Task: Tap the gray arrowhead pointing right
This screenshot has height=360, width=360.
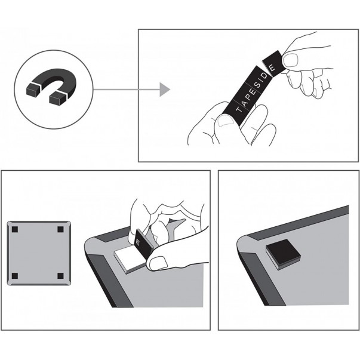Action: pos(165,90)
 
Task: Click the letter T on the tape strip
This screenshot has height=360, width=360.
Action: pos(239,109)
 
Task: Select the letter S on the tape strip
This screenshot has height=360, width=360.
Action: pos(257,85)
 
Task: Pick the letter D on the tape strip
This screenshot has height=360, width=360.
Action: pos(264,76)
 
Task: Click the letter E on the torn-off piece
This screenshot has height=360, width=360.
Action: pos(272,67)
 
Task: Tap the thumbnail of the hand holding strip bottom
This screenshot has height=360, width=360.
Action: pos(226,121)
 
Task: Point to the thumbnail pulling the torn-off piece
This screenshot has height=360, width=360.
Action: pos(290,60)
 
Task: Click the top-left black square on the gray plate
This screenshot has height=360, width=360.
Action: pos(15,229)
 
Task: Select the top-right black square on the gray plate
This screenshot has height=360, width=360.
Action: pos(60,229)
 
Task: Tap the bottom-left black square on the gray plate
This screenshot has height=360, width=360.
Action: pos(15,276)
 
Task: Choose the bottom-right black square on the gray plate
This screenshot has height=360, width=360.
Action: pos(60,276)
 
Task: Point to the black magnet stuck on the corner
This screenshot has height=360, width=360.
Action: pos(284,254)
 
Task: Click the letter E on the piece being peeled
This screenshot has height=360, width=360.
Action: pos(138,242)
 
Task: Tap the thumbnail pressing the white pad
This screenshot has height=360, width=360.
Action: pos(158,263)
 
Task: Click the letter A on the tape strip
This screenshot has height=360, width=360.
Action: pos(245,103)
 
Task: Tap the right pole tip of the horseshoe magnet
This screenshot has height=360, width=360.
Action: pos(57,98)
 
